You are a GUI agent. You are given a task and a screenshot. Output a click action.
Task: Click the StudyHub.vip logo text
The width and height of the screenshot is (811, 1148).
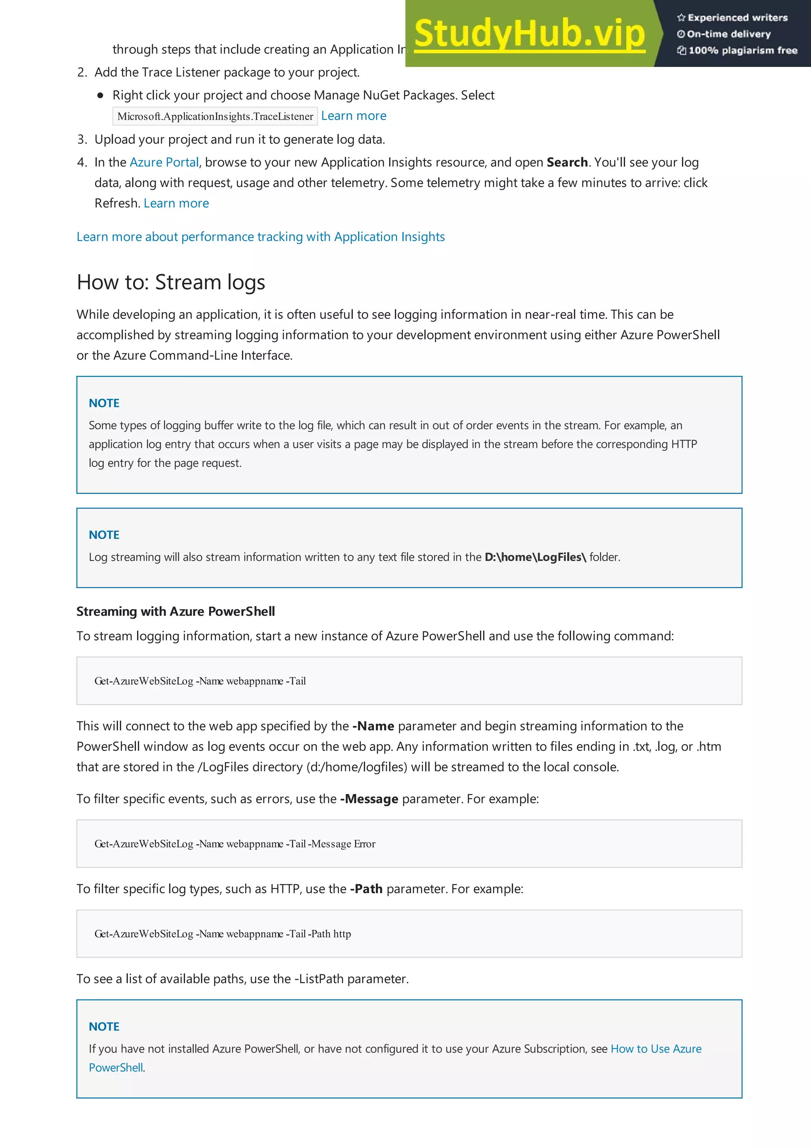click(530, 34)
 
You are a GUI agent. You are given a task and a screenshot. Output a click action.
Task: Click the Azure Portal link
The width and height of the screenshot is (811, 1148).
click(164, 162)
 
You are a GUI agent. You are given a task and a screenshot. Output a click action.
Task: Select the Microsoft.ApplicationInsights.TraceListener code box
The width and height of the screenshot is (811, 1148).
click(215, 116)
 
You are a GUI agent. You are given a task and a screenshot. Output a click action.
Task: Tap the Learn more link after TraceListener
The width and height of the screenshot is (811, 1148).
click(353, 116)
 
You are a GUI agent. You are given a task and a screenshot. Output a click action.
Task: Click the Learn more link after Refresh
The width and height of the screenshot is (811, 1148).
click(176, 204)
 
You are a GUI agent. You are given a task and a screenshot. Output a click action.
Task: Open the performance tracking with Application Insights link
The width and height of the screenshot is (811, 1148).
click(260, 237)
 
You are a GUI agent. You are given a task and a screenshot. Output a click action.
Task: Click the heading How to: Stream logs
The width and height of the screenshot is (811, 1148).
click(171, 282)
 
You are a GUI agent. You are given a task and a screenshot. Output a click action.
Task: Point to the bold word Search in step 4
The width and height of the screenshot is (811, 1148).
click(567, 162)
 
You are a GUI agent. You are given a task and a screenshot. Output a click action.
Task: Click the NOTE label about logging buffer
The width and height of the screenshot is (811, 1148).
click(104, 403)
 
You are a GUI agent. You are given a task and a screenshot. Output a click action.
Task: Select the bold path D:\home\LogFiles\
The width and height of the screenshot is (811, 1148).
click(535, 557)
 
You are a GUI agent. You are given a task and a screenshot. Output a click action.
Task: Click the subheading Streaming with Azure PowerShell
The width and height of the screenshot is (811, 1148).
click(175, 612)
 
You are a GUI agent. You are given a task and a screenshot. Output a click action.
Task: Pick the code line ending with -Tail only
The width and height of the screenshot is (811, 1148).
click(200, 681)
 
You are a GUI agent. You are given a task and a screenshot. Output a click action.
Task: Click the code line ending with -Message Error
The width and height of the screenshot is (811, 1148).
click(235, 844)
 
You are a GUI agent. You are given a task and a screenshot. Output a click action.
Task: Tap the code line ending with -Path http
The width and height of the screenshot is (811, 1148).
click(223, 934)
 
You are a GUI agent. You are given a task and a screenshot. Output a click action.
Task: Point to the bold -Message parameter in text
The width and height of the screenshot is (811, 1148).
click(369, 799)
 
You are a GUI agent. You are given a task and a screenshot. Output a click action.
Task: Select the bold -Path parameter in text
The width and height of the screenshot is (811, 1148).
click(366, 889)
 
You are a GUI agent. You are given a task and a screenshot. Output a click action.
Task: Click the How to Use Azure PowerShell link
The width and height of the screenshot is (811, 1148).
click(656, 1049)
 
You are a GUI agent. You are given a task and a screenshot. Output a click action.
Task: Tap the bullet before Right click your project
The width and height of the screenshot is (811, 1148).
click(101, 95)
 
